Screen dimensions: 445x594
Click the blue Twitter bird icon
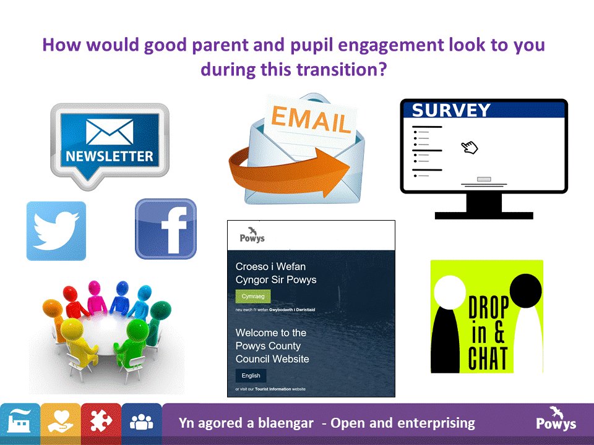tap(56, 231)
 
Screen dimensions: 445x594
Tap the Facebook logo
tap(166, 229)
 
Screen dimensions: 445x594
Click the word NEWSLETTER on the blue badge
tap(109, 156)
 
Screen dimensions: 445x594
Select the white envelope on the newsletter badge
tap(110, 132)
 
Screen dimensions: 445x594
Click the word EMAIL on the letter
tap(309, 119)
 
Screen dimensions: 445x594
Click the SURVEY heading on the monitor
tap(451, 111)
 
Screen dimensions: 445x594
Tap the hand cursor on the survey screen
tap(470, 147)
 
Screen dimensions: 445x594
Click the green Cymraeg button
tap(252, 297)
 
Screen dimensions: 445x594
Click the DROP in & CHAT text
tap(488, 334)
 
